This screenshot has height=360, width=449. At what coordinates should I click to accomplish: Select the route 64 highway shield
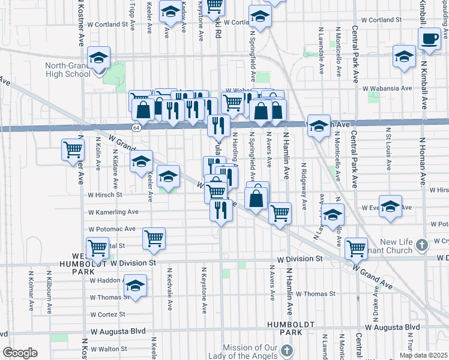(x=137, y=127)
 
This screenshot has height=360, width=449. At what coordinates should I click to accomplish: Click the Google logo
(x=20, y=353)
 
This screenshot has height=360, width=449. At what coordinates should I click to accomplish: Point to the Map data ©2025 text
(x=423, y=355)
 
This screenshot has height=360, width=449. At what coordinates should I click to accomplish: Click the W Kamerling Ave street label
(x=113, y=212)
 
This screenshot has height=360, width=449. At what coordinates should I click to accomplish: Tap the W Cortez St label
(x=107, y=314)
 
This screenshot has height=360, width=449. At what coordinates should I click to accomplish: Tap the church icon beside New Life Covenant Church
(x=422, y=245)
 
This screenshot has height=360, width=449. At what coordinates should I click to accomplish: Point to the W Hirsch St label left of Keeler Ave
(x=105, y=195)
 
